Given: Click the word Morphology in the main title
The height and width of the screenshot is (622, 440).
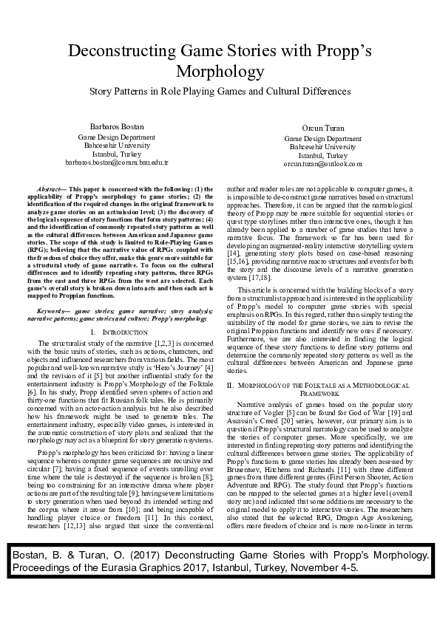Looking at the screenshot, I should pyautogui.click(x=220, y=72).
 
